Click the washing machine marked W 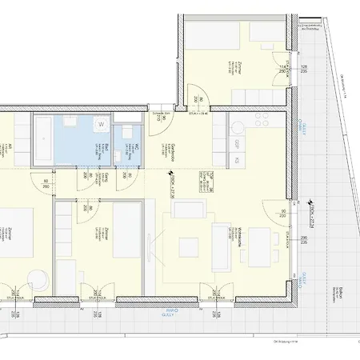(102, 125)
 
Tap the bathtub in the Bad (54, 129)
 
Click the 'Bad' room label (83, 147)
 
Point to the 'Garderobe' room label (174, 152)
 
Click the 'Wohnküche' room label (240, 237)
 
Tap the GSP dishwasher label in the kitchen (237, 144)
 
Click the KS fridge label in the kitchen (237, 161)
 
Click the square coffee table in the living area (188, 244)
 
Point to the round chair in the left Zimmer (36, 278)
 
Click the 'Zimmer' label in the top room (239, 69)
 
